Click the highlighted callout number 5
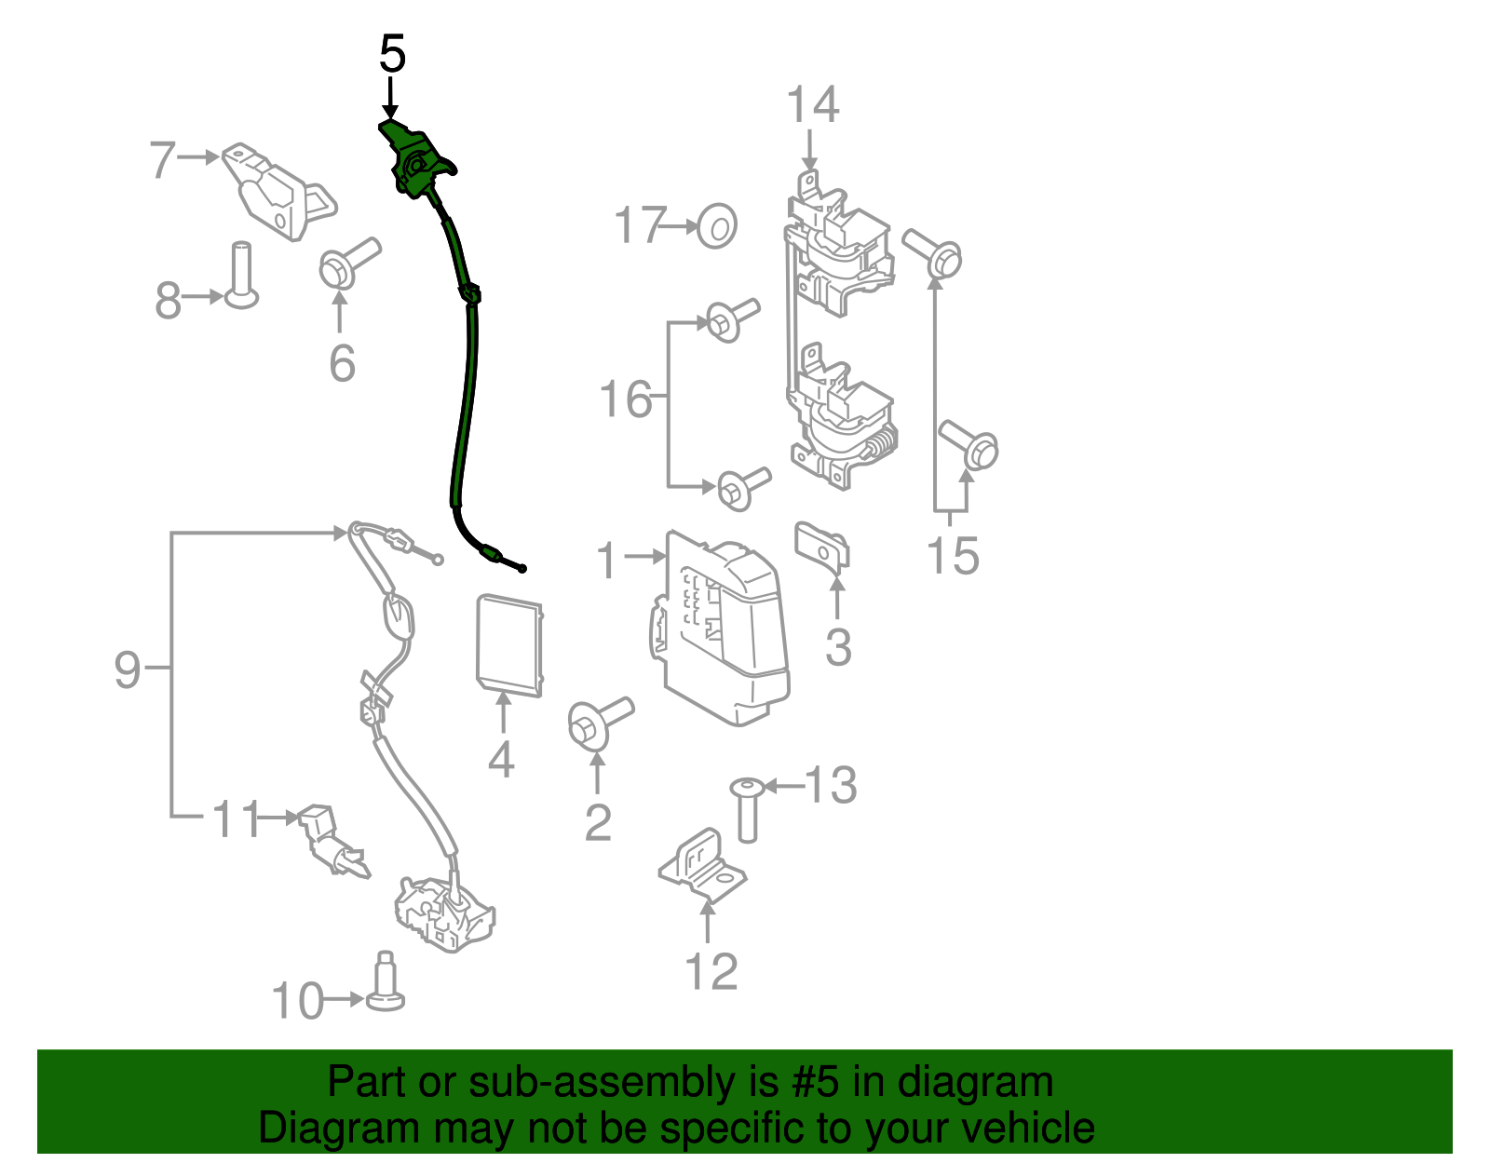point(392,55)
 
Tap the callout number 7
point(162,159)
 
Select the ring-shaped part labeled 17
point(717,225)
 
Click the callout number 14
point(812,105)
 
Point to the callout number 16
point(625,399)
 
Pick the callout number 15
point(953,556)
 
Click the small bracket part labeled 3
point(823,548)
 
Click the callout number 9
point(127,669)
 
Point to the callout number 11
point(236,819)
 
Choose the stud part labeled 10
point(384,985)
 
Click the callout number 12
point(711,971)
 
